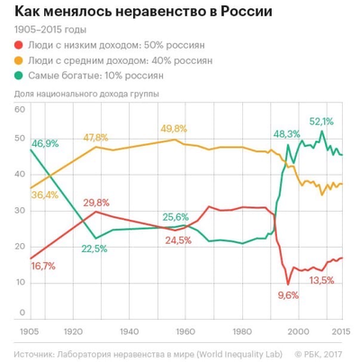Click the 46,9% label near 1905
(45, 142)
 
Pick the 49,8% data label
(174, 129)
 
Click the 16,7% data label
(31, 267)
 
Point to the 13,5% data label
(321, 280)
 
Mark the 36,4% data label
(44, 195)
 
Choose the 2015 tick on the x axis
(341, 330)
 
